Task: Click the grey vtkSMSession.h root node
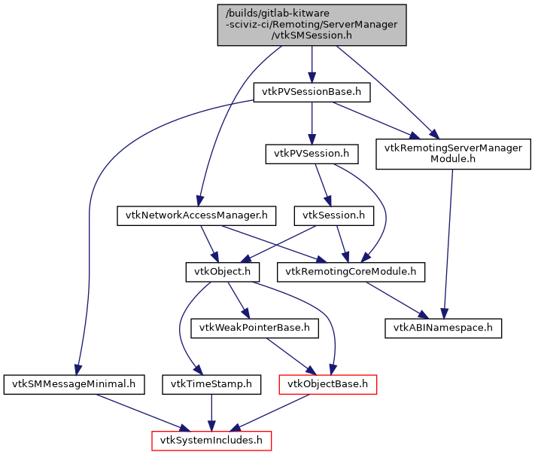point(312,25)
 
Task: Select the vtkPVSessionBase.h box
point(312,93)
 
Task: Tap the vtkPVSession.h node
point(312,154)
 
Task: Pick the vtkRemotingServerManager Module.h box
point(453,154)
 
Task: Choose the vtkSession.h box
point(333,215)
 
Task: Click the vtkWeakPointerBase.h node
point(256,328)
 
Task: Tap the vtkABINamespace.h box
point(443,328)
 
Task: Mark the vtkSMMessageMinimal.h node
point(73,384)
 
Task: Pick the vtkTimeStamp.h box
point(211,384)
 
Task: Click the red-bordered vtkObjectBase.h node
point(327,384)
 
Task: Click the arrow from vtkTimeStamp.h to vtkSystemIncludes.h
point(211,412)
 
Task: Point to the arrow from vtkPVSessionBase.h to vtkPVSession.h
point(312,123)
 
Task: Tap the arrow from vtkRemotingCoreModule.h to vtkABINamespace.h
point(399,300)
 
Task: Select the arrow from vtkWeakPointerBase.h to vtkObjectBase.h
point(290,356)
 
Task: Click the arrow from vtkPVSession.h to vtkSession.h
point(322,185)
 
